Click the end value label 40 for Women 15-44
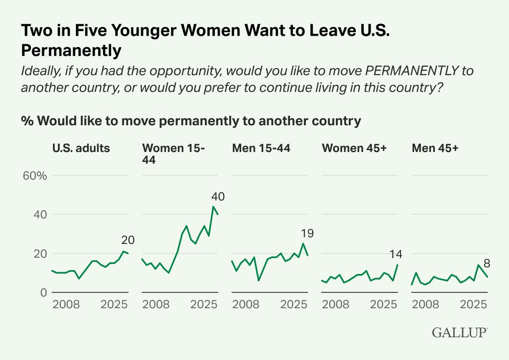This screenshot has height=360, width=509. click(x=218, y=197)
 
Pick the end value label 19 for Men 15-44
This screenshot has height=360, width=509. click(x=308, y=233)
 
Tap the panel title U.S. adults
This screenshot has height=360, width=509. click(x=81, y=148)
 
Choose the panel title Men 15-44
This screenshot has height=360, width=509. click(x=261, y=148)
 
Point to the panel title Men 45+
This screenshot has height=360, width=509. click(x=435, y=148)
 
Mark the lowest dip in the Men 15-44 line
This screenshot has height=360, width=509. click(x=259, y=281)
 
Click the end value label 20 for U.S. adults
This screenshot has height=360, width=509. click(x=128, y=240)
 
